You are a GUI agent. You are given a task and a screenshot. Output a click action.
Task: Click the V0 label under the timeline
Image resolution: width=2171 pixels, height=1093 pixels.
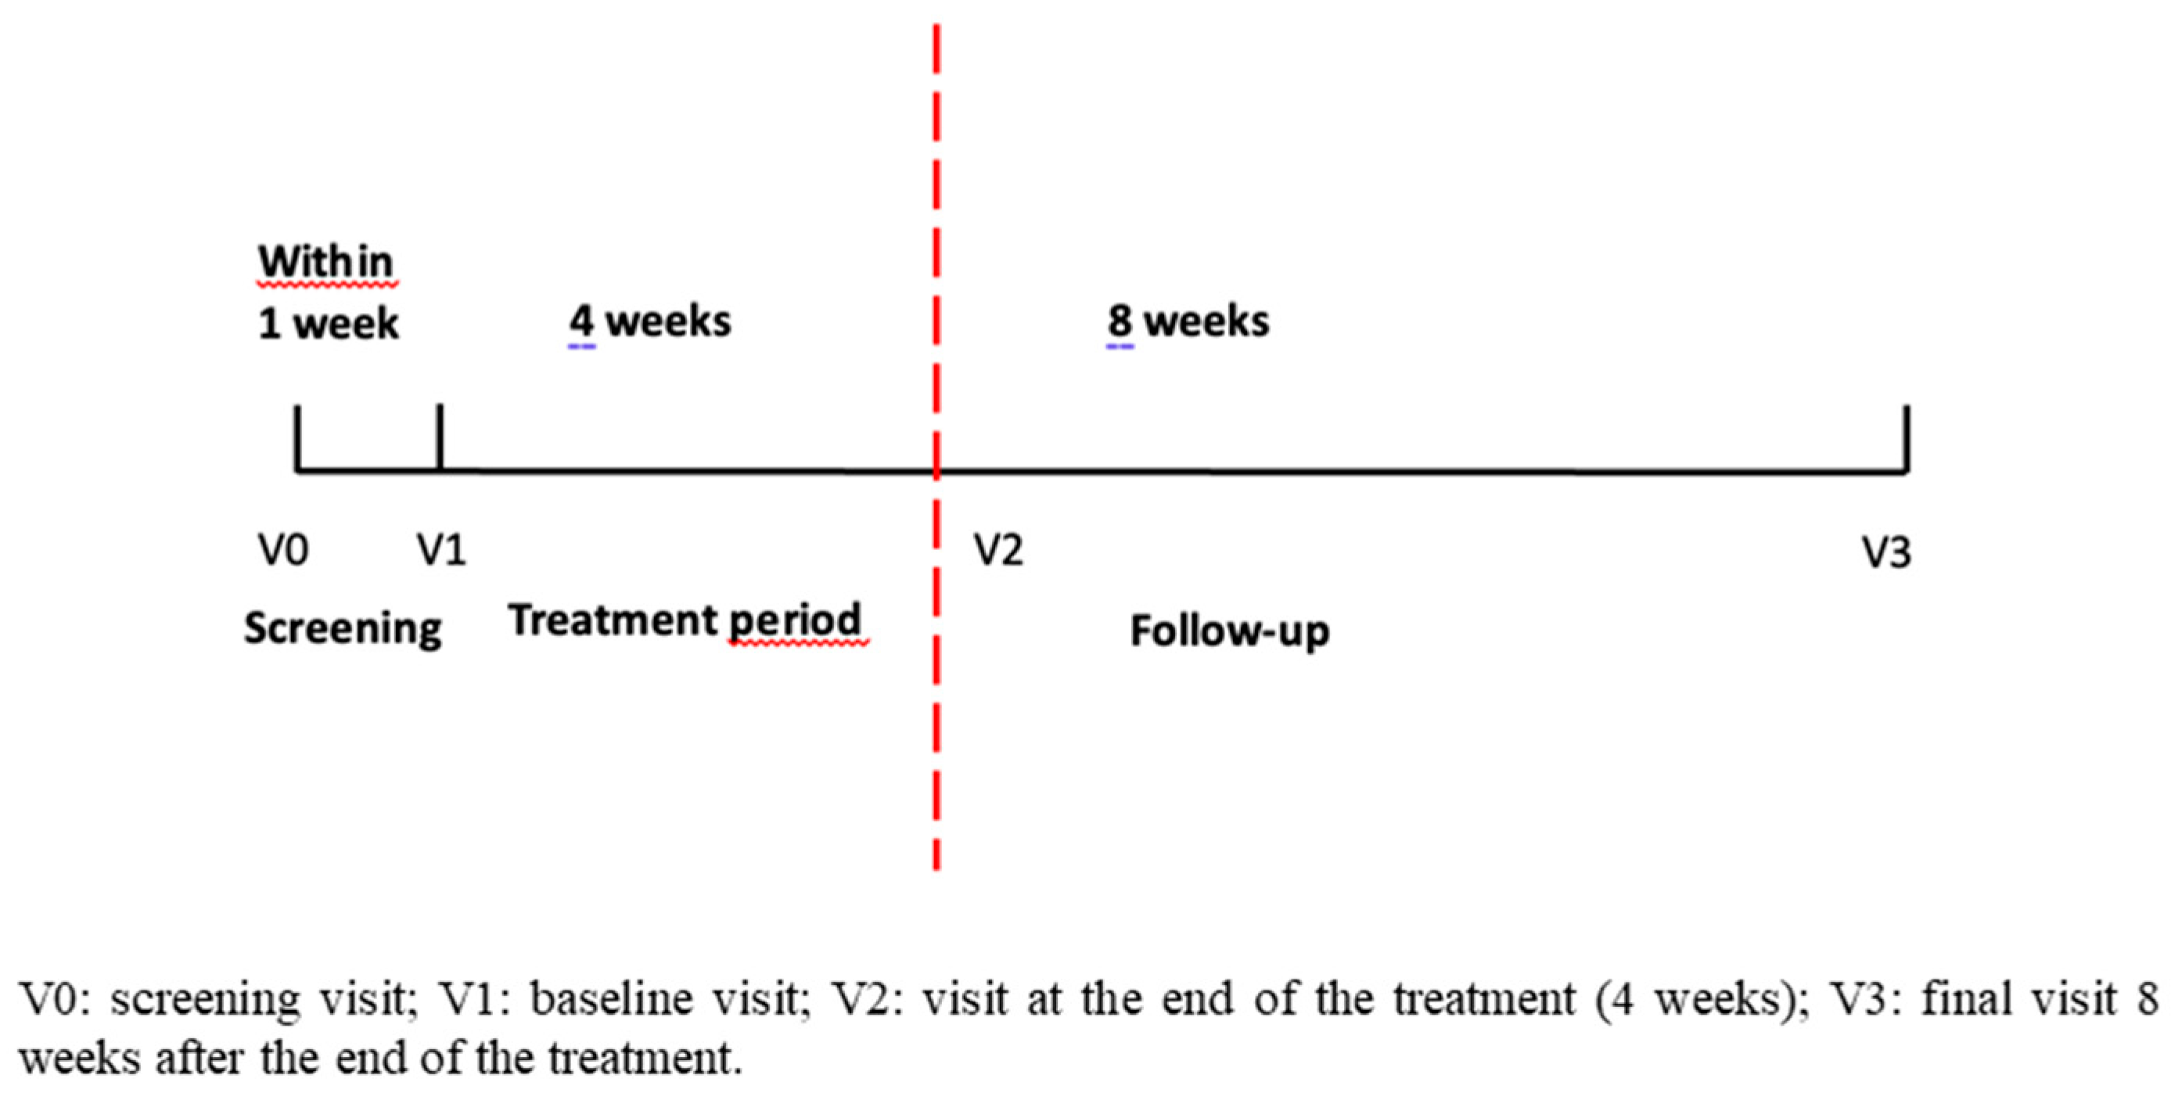click(283, 551)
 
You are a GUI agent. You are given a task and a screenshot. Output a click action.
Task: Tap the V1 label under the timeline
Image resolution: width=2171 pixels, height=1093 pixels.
click(441, 551)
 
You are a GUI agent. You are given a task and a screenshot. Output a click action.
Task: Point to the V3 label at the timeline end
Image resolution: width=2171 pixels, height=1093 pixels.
click(1886, 553)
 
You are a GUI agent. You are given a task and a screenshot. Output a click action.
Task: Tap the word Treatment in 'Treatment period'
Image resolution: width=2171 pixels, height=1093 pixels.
click(612, 620)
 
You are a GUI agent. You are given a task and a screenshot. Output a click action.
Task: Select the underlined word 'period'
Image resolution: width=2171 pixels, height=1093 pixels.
click(795, 622)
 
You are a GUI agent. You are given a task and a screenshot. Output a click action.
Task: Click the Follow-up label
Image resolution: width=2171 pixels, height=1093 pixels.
click(1230, 631)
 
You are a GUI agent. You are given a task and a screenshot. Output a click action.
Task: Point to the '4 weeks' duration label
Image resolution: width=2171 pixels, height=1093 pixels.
click(650, 322)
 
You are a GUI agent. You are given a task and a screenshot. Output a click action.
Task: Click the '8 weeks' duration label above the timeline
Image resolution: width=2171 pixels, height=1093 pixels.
click(1188, 322)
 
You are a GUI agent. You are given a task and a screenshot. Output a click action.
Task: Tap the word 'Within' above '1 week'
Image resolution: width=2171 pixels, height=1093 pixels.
click(325, 261)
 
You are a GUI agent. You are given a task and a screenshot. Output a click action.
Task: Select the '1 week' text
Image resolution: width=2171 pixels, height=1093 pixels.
click(328, 325)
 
